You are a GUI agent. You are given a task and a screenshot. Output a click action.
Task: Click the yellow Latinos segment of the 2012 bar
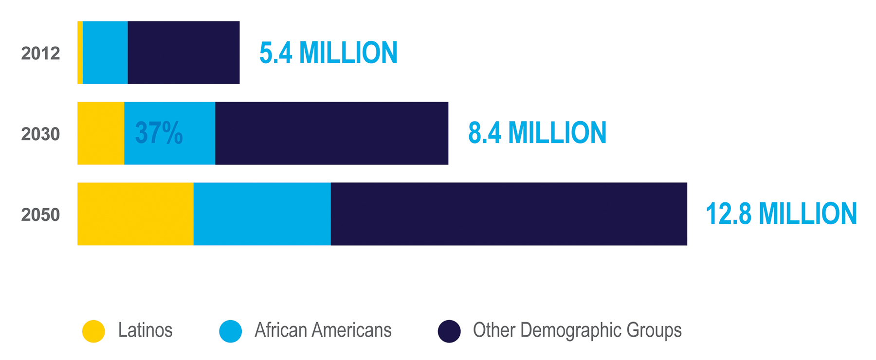pos(80,53)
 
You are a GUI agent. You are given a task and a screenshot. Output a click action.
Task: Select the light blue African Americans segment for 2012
pos(105,53)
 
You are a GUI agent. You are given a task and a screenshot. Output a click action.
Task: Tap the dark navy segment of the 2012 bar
pos(183,53)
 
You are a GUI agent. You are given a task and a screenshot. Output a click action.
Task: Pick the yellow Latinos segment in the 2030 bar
pos(101,133)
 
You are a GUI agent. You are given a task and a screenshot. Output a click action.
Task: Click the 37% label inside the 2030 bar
pos(159,133)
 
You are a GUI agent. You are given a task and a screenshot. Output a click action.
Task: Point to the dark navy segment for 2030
pos(331,133)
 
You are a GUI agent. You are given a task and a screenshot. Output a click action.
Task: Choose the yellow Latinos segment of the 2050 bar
pos(135,214)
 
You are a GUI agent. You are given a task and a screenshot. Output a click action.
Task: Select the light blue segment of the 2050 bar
pos(262,214)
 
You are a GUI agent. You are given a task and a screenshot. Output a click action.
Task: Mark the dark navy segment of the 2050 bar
pos(509,214)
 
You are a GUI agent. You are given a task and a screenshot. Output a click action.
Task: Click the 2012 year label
pos(40,54)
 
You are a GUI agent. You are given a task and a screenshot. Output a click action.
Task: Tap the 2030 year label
pos(40,134)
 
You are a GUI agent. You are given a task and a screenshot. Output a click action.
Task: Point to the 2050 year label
pos(40,215)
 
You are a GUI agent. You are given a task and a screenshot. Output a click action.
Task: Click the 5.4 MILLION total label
pos(328,53)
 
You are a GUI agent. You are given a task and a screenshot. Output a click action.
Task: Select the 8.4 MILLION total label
pos(537,133)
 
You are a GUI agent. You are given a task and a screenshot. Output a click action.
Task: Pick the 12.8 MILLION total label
pos(781,214)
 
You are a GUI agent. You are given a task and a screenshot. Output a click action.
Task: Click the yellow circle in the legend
pos(93,331)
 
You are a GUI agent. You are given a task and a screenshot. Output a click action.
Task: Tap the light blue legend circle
pos(230,331)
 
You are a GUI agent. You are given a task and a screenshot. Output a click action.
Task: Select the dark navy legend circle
pos(449,331)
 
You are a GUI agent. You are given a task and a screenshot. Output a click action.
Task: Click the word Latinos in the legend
pos(145,330)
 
